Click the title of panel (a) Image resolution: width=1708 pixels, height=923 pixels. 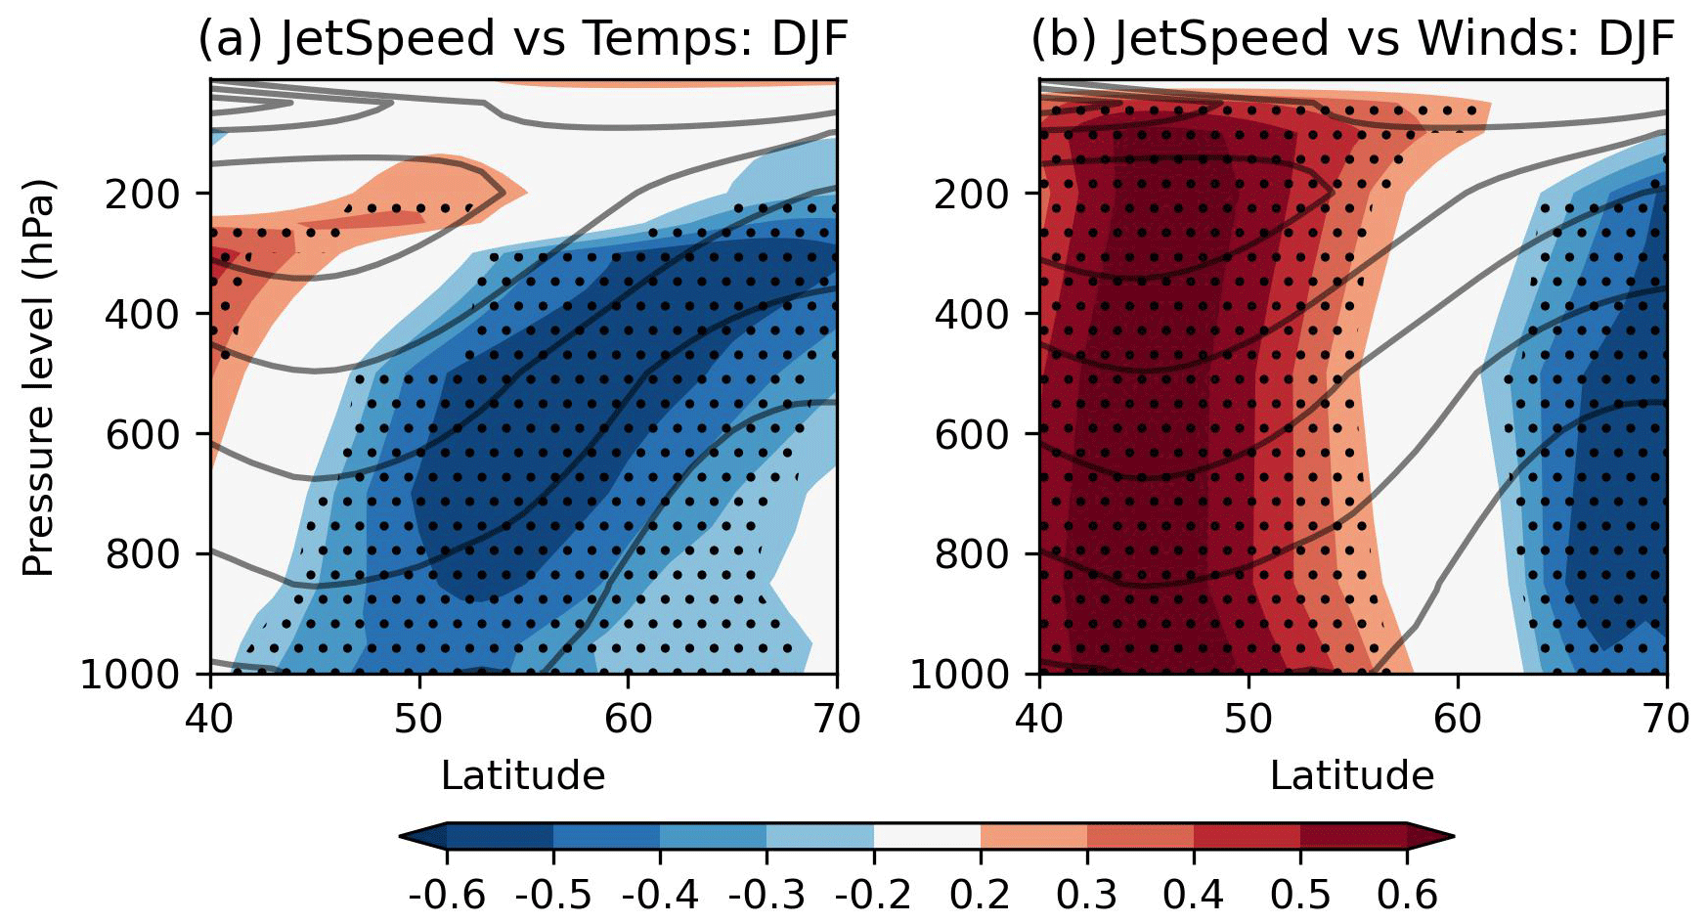pyautogui.click(x=522, y=39)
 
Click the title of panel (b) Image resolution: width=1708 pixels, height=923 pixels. pyautogui.click(x=1352, y=39)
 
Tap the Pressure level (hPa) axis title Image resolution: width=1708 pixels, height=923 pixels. pyautogui.click(x=38, y=377)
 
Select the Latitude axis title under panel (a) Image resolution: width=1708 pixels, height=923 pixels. pyautogui.click(x=522, y=775)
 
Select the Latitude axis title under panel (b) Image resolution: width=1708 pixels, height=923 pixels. pyautogui.click(x=1351, y=775)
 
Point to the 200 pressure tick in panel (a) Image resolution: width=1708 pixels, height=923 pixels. pyautogui.click(x=143, y=194)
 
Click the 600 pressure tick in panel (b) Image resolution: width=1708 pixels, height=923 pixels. pyautogui.click(x=972, y=434)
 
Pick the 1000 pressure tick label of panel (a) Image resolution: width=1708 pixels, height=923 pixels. pyautogui.click(x=131, y=675)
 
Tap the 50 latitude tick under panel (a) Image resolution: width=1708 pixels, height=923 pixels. pyautogui.click(x=419, y=719)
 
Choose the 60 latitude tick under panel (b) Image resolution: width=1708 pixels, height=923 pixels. pyautogui.click(x=1458, y=719)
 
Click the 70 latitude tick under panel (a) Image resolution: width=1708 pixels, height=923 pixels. pyautogui.click(x=836, y=719)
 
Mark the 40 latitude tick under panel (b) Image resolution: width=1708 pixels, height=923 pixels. pyautogui.click(x=1039, y=719)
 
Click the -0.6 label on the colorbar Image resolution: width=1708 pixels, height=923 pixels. pyautogui.click(x=447, y=894)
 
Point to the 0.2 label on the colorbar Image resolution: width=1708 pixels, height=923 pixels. pyautogui.click(x=981, y=894)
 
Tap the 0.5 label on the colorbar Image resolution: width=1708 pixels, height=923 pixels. pyautogui.click(x=1300, y=894)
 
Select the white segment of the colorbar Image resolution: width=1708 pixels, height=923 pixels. pyautogui.click(x=927, y=836)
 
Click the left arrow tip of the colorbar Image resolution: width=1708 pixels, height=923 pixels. pyautogui.click(x=403, y=836)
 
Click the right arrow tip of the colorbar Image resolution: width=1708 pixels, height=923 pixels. pyautogui.click(x=1452, y=836)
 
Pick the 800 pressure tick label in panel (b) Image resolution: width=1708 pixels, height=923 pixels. pyautogui.click(x=972, y=554)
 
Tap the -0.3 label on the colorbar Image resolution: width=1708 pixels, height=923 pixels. pyautogui.click(x=766, y=894)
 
